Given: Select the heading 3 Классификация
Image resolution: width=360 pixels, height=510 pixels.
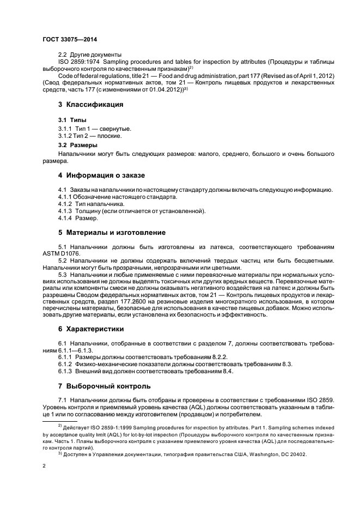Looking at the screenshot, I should (90, 104).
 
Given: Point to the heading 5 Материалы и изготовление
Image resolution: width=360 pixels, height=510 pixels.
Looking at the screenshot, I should (112, 232).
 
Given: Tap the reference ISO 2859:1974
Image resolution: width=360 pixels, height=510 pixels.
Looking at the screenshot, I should (79, 62).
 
